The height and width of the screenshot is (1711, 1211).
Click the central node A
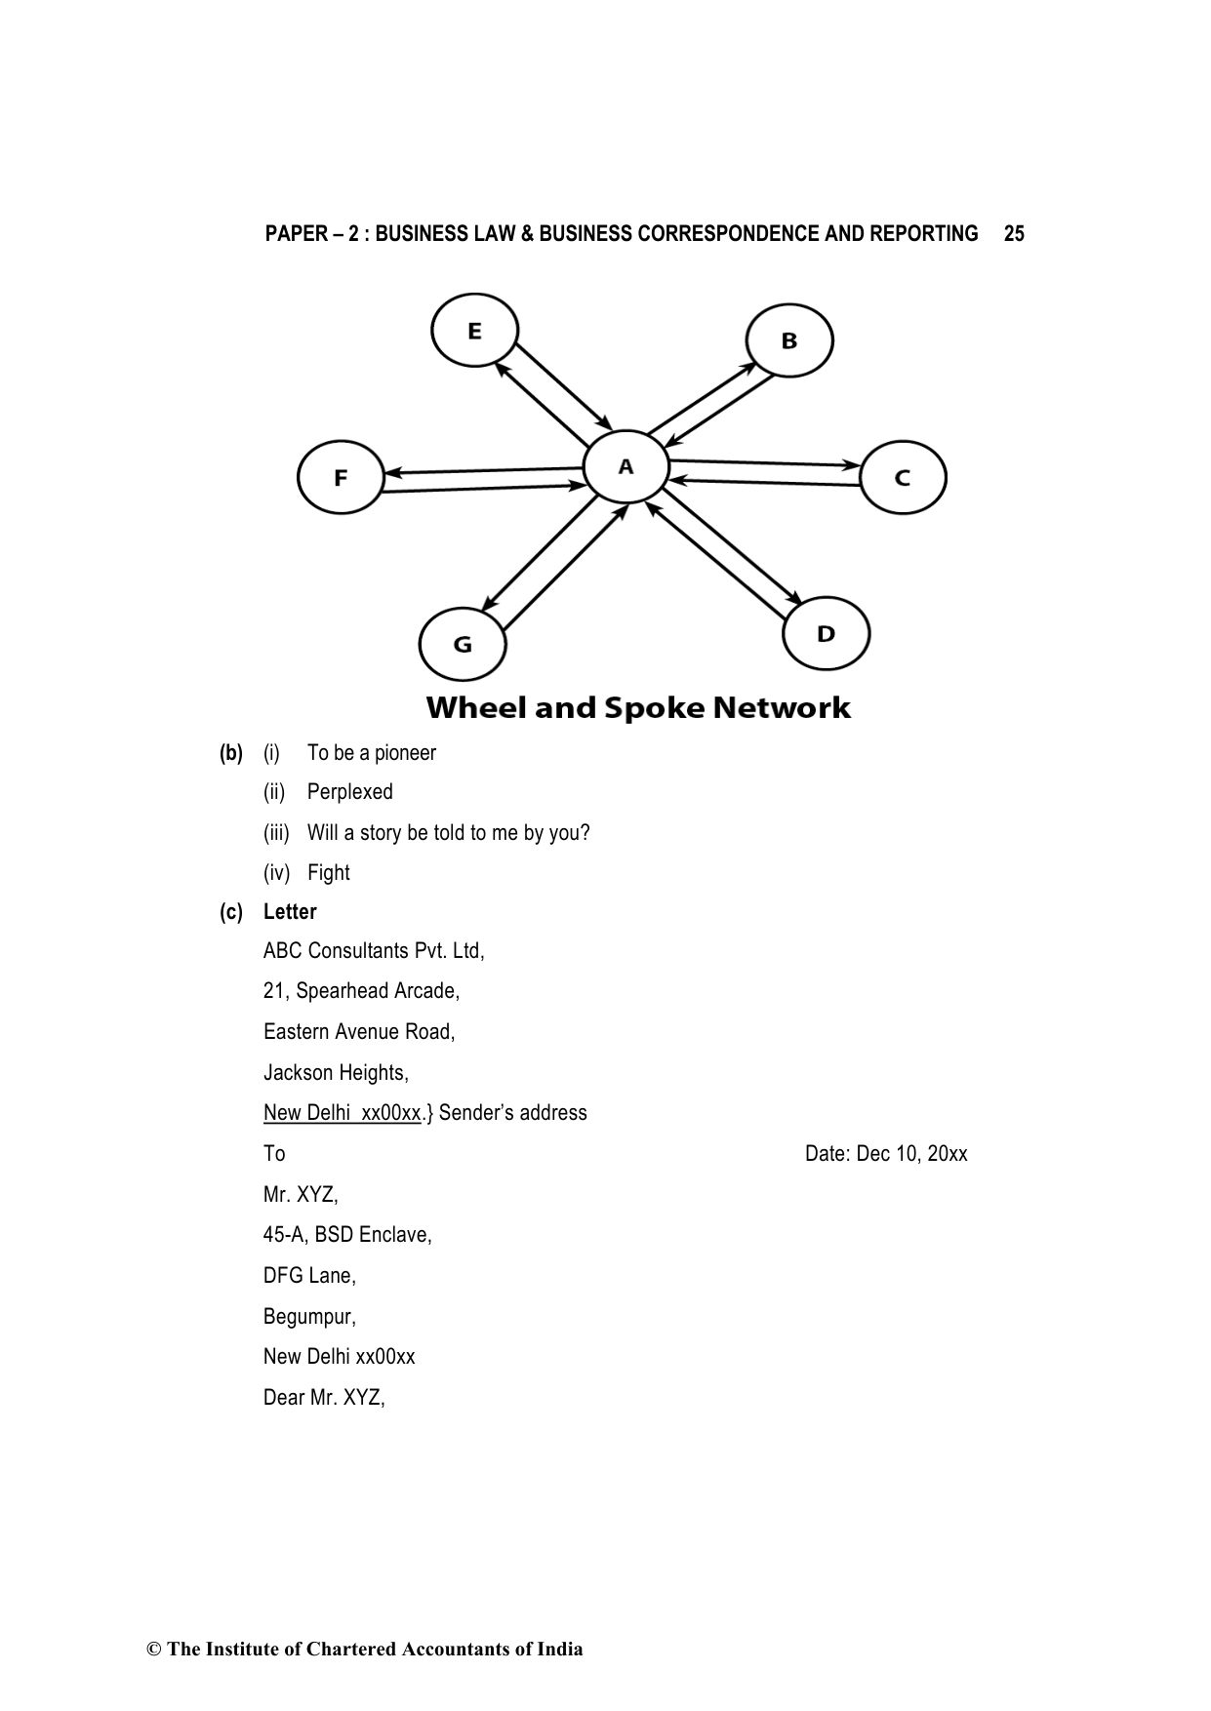point(626,467)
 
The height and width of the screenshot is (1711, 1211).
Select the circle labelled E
point(474,331)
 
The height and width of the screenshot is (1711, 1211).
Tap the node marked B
point(788,340)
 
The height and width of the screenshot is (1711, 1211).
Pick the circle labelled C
point(903,477)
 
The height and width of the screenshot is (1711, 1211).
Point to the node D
point(826,634)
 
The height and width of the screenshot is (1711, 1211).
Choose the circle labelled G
point(463,644)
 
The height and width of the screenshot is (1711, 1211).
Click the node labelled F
point(341,477)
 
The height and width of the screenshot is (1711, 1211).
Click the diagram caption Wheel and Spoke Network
point(638,707)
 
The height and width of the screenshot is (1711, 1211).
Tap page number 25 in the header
point(1014,234)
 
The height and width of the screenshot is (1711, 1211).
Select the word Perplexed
point(349,792)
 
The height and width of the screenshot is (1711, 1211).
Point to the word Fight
point(328,873)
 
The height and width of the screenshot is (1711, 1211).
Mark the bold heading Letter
point(290,912)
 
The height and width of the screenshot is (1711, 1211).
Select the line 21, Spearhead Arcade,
point(361,991)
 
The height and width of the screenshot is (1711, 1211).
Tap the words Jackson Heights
point(335,1073)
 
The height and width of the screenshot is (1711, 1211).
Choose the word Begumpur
point(308,1317)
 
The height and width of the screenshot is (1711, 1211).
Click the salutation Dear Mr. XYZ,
point(324,1398)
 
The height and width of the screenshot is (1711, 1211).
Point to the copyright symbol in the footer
point(153,1650)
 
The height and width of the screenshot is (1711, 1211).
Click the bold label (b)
point(231,753)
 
